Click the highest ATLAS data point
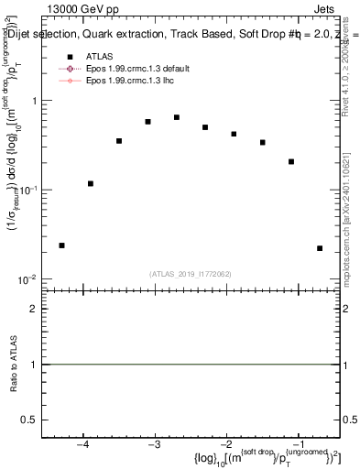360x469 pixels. pos(176,117)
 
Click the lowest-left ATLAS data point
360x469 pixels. pos(61,245)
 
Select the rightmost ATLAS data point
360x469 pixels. pos(320,248)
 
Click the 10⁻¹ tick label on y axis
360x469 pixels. pos(30,190)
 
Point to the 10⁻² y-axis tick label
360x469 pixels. pos(30,278)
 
